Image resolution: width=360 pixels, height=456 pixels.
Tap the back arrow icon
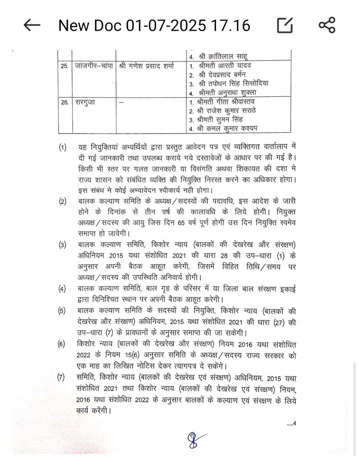pos(32,25)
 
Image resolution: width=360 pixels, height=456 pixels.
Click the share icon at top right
pos(327,25)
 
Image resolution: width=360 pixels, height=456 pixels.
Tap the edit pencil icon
pos(285,25)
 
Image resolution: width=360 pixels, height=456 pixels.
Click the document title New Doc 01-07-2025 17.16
pos(154,25)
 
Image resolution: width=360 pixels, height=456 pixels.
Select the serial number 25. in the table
pos(65,66)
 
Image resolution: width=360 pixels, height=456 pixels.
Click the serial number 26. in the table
pos(65,102)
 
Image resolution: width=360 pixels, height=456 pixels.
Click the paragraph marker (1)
pos(63,147)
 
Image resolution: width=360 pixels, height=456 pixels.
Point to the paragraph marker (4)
pos(63,288)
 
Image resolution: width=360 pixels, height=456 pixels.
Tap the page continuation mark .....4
pos(291,423)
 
